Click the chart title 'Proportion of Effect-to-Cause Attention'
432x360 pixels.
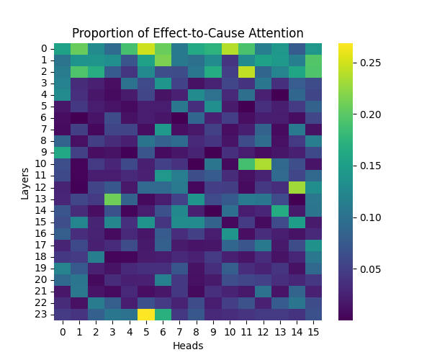pos(187,33)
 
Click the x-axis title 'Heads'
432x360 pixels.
pos(187,346)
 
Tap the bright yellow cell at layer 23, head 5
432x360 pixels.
pos(146,314)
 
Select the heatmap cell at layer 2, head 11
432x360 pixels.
pos(246,71)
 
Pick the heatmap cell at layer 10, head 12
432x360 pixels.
pos(263,164)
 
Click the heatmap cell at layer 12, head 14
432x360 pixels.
pos(296,187)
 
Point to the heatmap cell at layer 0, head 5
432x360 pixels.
pos(146,48)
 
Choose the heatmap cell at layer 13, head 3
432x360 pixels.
pos(112,199)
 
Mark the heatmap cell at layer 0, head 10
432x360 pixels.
pos(230,48)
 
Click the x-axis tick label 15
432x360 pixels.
pos(313,331)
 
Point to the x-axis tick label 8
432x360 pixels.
pos(196,331)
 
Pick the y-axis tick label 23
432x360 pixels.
pos(44,314)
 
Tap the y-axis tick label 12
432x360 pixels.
pos(44,187)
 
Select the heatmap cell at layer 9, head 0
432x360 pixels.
pos(63,153)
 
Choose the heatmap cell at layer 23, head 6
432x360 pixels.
pos(163,314)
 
